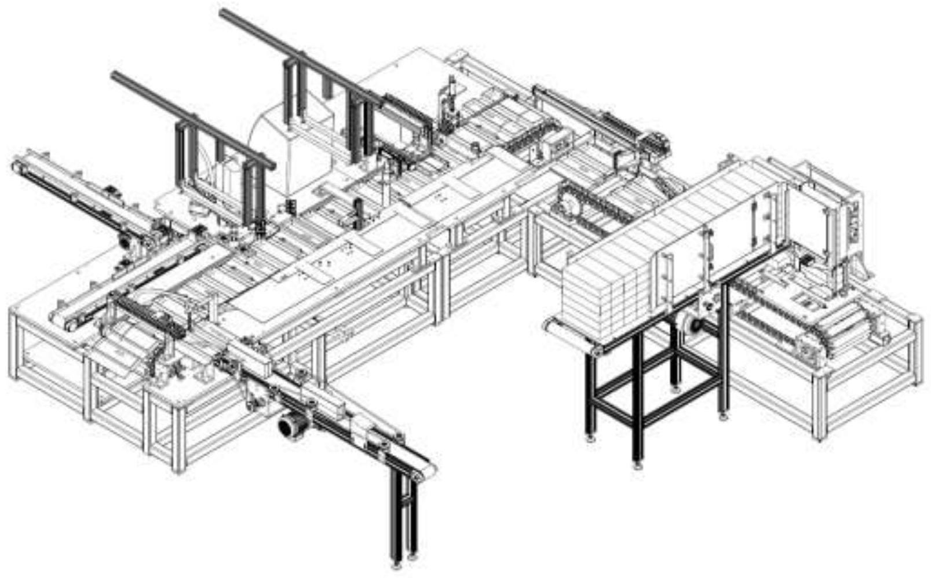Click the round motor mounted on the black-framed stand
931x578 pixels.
[692, 325]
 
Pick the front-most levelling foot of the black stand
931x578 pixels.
[637, 464]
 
